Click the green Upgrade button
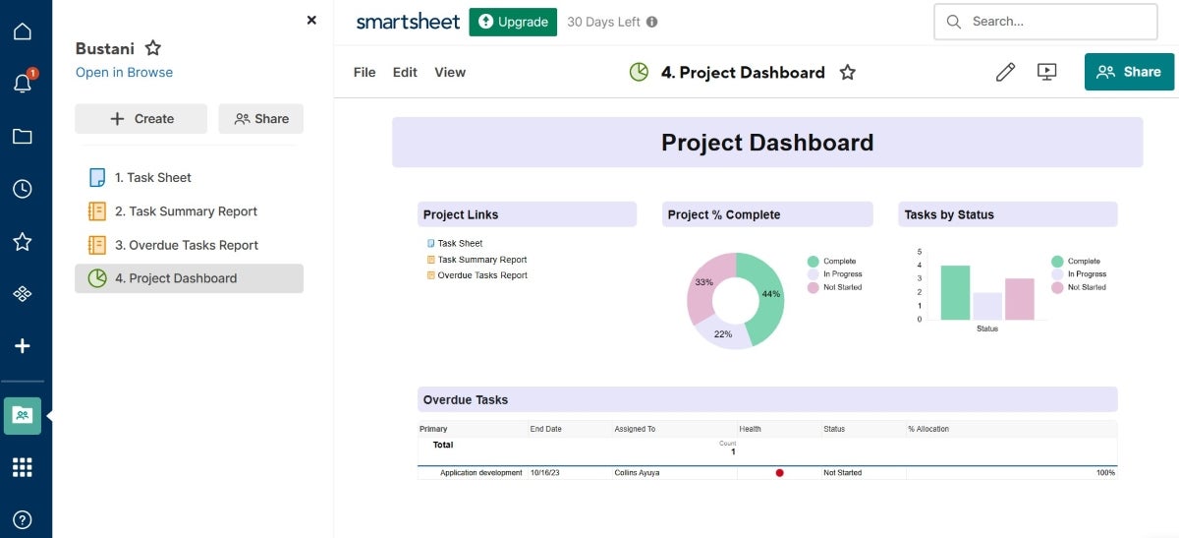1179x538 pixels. click(x=513, y=22)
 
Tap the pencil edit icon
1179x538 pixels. click(x=1005, y=72)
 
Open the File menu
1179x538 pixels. click(x=365, y=72)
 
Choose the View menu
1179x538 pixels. click(x=450, y=72)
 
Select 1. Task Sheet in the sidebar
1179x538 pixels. click(x=152, y=178)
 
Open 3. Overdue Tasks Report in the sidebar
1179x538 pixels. click(x=186, y=245)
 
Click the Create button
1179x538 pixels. click(x=141, y=119)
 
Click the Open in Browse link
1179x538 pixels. click(x=124, y=72)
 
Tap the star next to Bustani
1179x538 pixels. click(x=153, y=48)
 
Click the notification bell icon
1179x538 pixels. click(x=23, y=84)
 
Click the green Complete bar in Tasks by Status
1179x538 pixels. click(x=955, y=292)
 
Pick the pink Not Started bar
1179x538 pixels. click(x=1019, y=299)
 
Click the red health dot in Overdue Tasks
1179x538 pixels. click(x=779, y=473)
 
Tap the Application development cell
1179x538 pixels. click(x=480, y=473)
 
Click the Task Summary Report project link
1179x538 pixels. click(x=481, y=260)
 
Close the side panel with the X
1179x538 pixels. click(x=311, y=20)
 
